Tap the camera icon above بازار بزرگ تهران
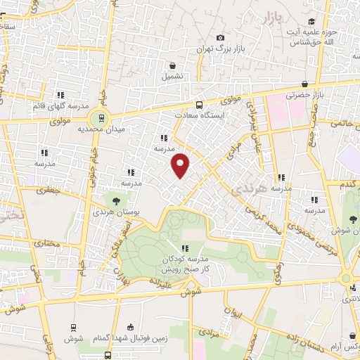point(220,37)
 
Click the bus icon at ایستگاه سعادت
point(200,103)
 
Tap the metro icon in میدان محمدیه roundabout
point(101,119)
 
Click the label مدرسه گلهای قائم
point(59,105)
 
